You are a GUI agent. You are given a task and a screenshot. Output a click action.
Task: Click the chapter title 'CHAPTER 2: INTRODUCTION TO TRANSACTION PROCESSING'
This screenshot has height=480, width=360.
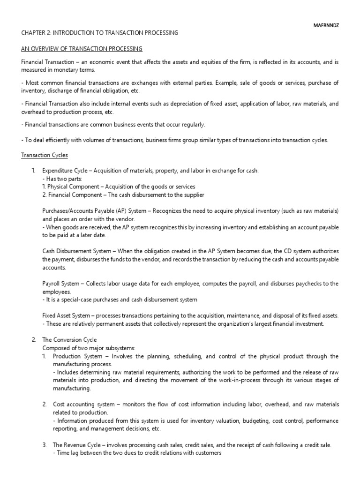click(x=100, y=33)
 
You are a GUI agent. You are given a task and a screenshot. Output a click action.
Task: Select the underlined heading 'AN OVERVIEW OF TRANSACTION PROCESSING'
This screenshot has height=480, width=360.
click(x=82, y=49)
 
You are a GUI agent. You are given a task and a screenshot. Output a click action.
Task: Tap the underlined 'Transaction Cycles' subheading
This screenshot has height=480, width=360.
click(x=45, y=155)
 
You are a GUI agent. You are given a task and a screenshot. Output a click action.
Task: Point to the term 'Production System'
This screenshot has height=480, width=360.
click(x=75, y=356)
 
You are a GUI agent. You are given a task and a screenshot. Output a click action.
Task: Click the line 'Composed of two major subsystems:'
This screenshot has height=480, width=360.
click(x=82, y=348)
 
